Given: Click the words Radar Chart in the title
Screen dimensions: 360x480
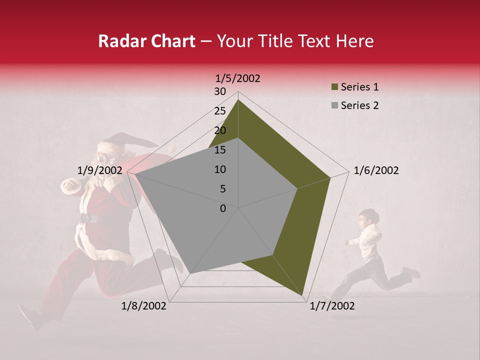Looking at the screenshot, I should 146,41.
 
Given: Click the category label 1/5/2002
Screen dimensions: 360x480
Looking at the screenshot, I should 238,78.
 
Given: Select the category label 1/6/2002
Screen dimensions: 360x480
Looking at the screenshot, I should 376,170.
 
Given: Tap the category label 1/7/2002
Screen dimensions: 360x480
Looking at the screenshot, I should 332,306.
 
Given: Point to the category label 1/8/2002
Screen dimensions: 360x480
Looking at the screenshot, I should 144,306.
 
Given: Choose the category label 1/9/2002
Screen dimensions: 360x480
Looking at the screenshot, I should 100,170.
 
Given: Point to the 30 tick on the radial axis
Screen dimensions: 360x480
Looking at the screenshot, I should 220,91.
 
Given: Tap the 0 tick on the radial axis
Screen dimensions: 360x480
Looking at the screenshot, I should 223,208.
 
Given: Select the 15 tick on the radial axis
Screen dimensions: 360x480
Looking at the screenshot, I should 220,150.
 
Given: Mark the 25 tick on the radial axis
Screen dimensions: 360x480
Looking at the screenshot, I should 220,111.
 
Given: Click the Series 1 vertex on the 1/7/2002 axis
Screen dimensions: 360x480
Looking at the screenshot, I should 302,295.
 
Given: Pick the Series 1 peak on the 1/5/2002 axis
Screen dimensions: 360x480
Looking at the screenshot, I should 238,99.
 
